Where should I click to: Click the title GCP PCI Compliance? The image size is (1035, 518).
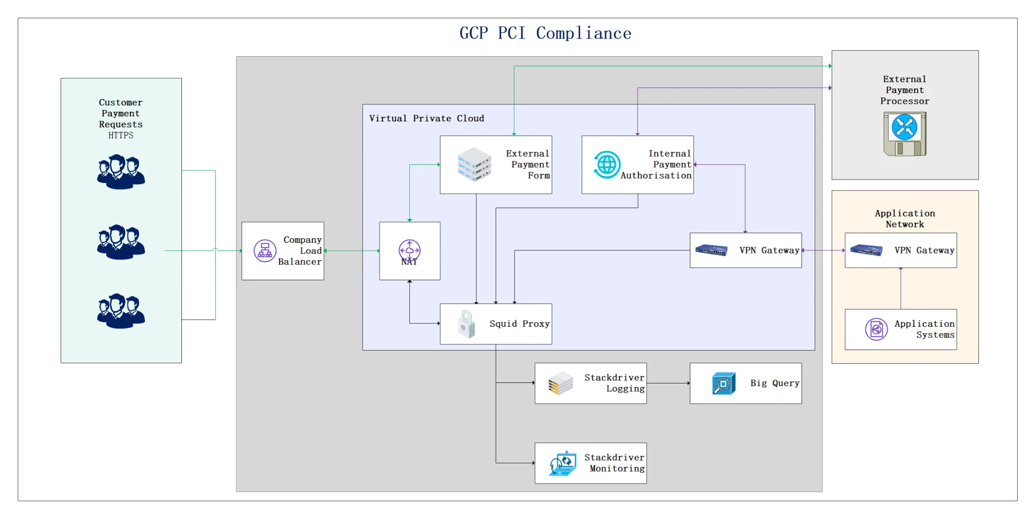pos(545,33)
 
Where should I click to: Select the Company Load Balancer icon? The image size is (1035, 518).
pos(265,251)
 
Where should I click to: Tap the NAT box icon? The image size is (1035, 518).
pos(409,250)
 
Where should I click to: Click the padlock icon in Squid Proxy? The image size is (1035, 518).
pos(466,324)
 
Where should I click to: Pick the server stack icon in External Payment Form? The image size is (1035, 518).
pos(474,164)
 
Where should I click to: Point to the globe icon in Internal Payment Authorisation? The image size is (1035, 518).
pos(606,164)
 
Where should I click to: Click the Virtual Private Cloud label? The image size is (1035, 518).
pos(427,118)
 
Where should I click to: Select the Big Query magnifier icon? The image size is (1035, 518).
pos(723,383)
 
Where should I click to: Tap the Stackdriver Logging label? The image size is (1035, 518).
pos(615,383)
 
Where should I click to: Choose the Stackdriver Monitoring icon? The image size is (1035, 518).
pos(563,463)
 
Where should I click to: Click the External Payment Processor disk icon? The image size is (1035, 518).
pos(905,134)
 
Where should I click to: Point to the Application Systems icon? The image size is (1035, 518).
pos(876,330)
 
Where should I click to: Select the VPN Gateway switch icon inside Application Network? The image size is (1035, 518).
pos(866,250)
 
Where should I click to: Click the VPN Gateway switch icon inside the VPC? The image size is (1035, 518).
pos(711,250)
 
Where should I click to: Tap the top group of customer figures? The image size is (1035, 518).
pos(121,172)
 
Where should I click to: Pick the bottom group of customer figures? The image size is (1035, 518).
pos(121,311)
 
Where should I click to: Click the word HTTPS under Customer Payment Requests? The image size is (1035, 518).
pos(121,136)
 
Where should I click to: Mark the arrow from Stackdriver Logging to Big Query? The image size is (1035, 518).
pos(668,383)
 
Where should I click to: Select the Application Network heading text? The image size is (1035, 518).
pos(905,219)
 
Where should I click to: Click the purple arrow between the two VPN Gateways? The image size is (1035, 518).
pos(823,250)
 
